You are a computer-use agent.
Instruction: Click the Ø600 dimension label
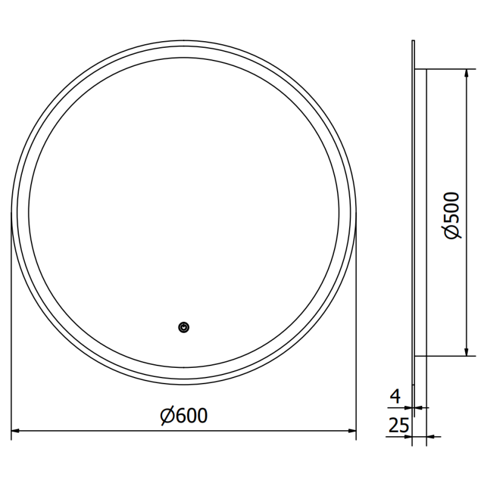click(x=184, y=416)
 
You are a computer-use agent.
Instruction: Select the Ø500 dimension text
click(x=453, y=216)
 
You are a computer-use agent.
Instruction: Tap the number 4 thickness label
click(x=395, y=397)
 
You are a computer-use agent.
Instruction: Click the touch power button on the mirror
click(x=184, y=327)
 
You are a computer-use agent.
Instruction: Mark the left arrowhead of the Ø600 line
click(x=16, y=431)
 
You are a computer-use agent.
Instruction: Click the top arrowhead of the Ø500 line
click(x=466, y=73)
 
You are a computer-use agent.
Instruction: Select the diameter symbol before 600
click(x=168, y=416)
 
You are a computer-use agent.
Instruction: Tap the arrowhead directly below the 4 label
click(x=409, y=407)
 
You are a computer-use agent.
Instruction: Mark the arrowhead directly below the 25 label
click(x=409, y=436)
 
